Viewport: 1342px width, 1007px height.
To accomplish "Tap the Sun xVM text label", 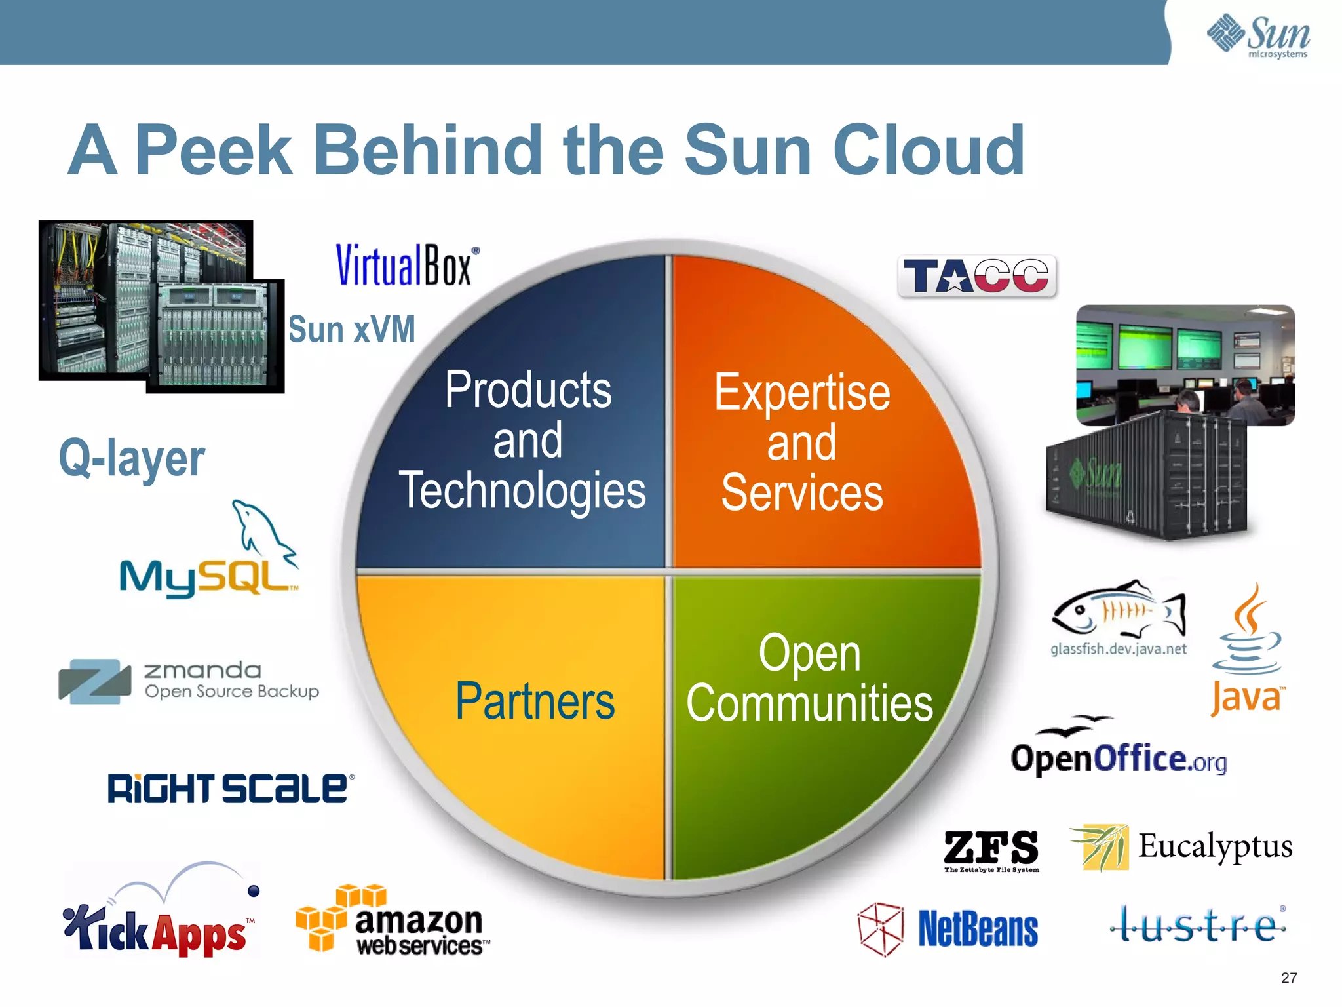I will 352,329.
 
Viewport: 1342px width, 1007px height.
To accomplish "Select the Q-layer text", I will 132,458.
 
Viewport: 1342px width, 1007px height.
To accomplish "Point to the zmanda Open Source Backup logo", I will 189,681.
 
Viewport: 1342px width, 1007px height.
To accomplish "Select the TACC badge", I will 976,276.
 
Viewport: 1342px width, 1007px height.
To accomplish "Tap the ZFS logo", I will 991,849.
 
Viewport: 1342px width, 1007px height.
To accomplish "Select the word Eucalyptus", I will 1215,846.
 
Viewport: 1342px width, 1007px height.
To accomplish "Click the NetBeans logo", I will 948,928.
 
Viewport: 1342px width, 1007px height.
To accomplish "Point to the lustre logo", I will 1198,925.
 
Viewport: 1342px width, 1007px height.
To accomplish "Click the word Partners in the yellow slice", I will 535,701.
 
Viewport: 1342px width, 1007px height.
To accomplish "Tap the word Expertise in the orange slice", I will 802,392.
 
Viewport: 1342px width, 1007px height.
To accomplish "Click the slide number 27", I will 1288,977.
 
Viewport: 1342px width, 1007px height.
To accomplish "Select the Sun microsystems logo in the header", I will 1258,36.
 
